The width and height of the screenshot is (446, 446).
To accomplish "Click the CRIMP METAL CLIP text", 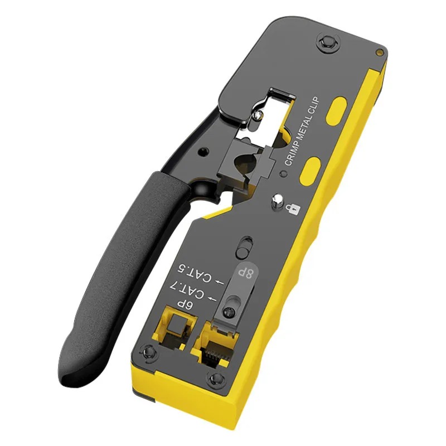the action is point(302,131).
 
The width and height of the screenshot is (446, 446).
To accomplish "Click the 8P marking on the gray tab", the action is point(246,273).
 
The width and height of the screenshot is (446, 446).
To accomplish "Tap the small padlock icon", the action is point(293,209).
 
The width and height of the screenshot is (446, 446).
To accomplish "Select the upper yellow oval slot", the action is point(336,111).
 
